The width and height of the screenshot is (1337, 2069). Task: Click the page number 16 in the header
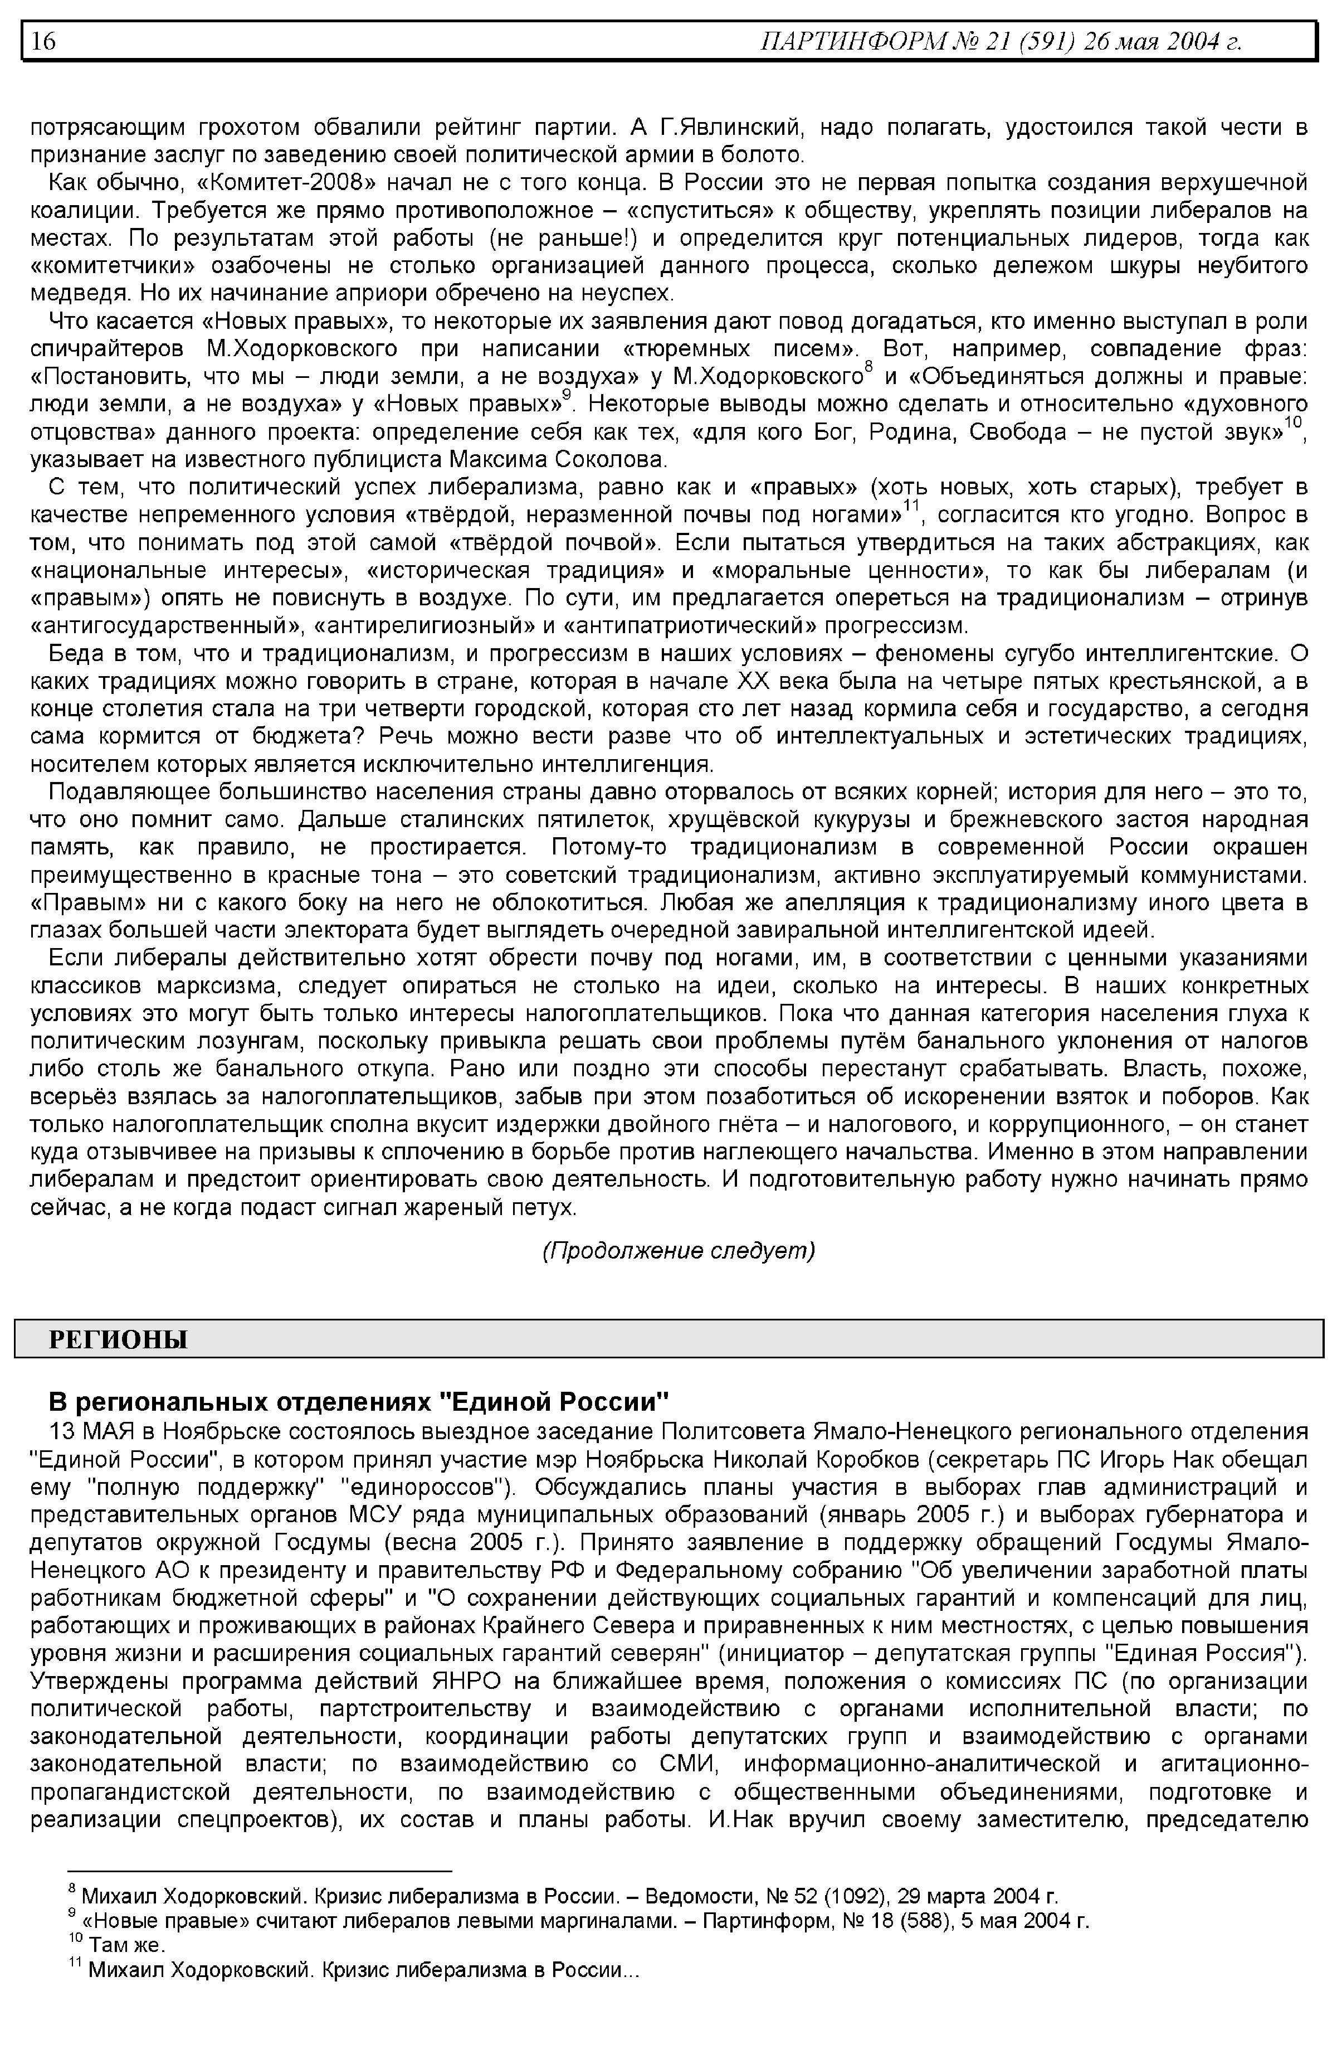tap(43, 41)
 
